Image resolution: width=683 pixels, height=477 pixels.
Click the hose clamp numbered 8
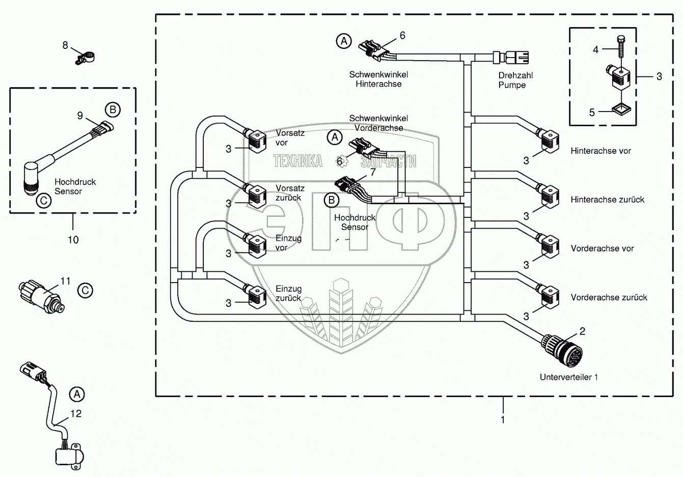[85, 58]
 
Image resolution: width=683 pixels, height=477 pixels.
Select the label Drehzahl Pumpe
[515, 80]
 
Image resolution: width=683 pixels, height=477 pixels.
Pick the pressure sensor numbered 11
[41, 296]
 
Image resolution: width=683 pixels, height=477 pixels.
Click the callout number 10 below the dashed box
[73, 240]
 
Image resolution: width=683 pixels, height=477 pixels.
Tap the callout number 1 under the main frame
[503, 419]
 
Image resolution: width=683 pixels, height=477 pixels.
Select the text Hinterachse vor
[600, 151]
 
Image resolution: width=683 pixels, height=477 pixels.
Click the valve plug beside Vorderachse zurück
[549, 295]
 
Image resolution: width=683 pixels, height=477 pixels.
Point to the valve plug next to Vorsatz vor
[255, 140]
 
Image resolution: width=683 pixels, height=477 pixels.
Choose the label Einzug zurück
[288, 293]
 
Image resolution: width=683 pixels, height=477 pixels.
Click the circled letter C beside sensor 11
[85, 290]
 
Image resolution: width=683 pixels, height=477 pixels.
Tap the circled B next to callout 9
[113, 110]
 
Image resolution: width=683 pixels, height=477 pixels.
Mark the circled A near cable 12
[77, 395]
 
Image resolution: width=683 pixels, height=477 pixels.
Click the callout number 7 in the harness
[373, 172]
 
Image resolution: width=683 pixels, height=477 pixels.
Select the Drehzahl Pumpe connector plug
[511, 58]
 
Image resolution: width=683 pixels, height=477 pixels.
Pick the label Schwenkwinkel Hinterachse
[378, 79]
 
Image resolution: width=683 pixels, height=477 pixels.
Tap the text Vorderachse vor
[602, 248]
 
